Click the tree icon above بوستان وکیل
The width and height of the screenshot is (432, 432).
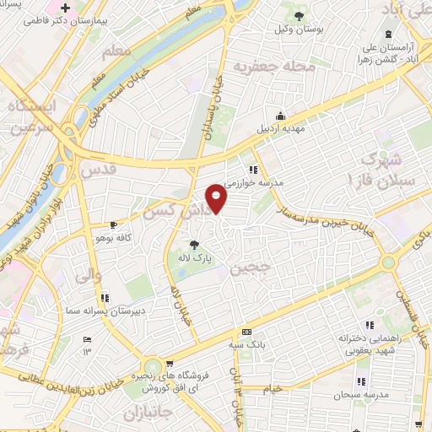[x=298, y=15]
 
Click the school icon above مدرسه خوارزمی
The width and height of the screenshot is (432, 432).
[x=251, y=169]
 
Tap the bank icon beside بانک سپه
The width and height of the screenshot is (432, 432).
[x=246, y=332]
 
